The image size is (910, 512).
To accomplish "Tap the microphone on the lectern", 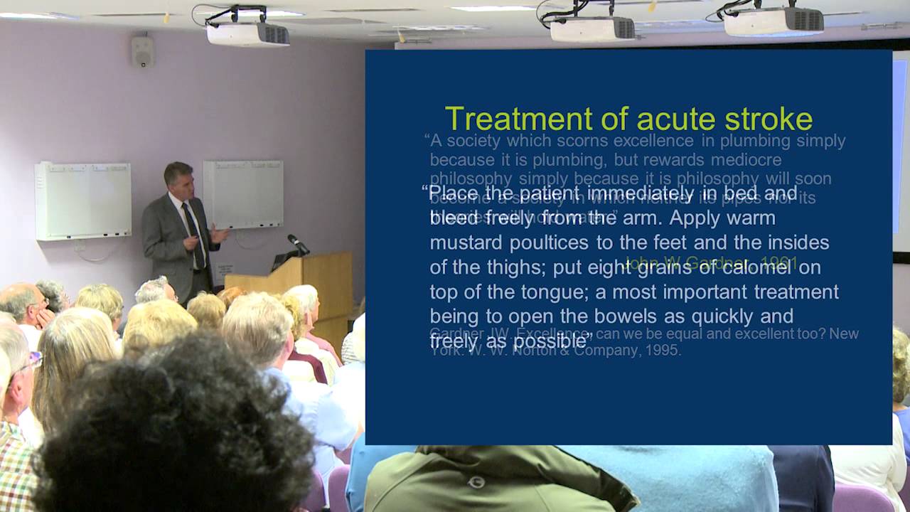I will click(x=299, y=243).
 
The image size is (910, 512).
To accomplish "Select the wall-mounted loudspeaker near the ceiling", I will click(x=142, y=51).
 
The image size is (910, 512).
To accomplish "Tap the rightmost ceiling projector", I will click(x=773, y=21).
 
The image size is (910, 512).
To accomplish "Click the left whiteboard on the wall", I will click(x=83, y=201).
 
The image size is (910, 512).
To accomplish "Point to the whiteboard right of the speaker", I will click(x=243, y=193).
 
